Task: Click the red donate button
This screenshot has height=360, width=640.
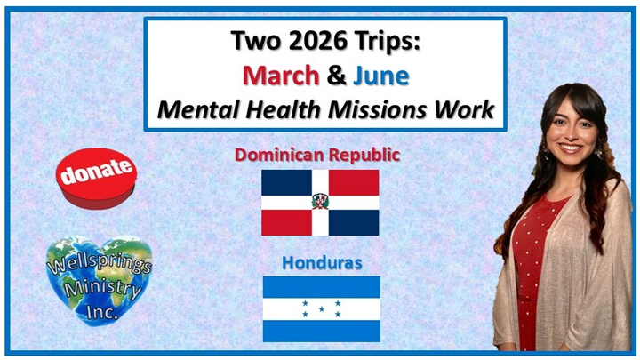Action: (x=96, y=179)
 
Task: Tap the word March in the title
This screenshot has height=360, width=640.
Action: (x=281, y=76)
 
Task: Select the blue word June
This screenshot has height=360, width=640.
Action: (x=380, y=76)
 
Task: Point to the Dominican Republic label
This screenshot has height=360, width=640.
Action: (x=317, y=155)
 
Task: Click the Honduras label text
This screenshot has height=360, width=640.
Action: (x=322, y=263)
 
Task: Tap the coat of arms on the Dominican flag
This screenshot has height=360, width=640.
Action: (x=320, y=202)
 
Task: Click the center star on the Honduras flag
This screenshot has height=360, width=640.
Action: (x=322, y=309)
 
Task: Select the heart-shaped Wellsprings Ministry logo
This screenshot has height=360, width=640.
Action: (x=99, y=280)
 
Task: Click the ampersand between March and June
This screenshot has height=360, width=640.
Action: (x=336, y=76)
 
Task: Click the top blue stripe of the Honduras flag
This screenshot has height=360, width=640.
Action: (x=322, y=287)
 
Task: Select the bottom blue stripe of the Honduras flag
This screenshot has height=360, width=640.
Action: (x=322, y=331)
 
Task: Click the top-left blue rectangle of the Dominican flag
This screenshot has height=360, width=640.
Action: (x=286, y=182)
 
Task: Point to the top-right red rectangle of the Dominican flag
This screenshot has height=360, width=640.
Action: (x=354, y=182)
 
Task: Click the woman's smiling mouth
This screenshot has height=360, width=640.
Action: (x=570, y=148)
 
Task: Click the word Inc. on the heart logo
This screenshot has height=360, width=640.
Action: (x=102, y=312)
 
